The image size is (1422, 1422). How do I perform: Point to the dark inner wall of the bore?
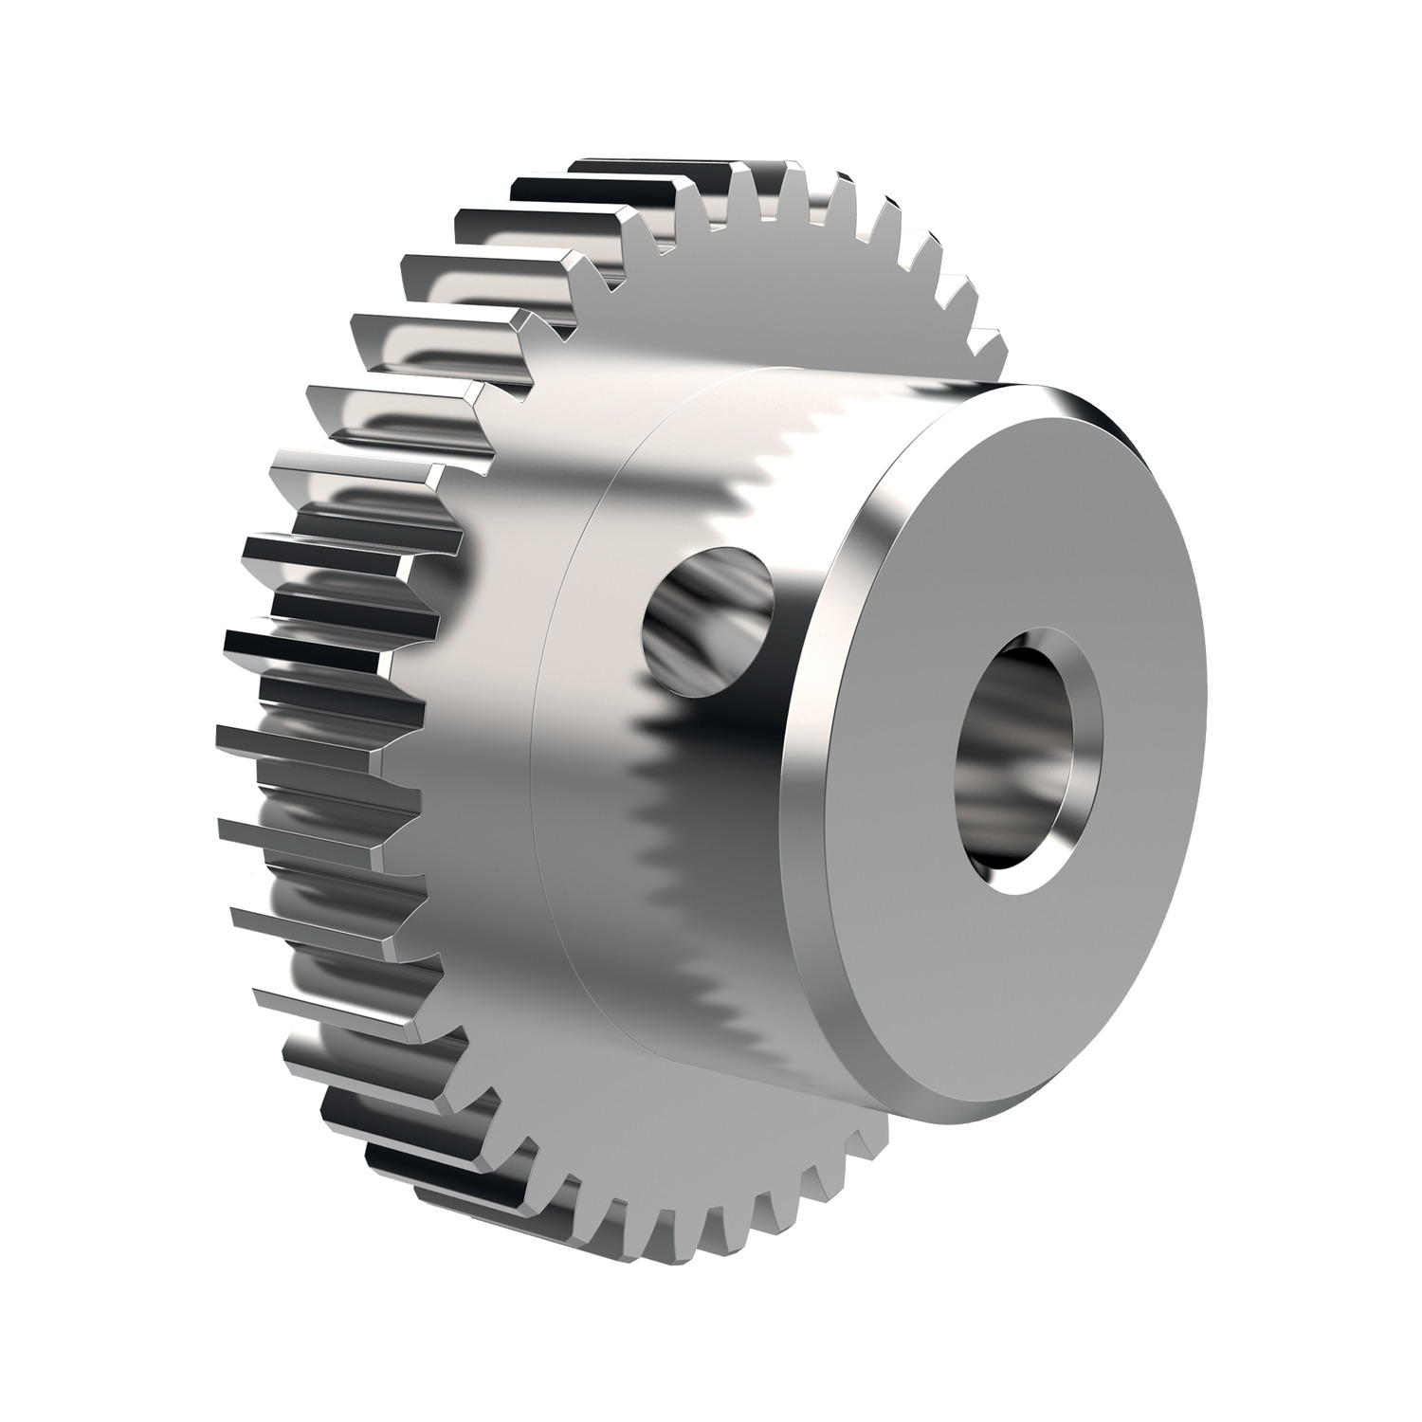[x=1005, y=749]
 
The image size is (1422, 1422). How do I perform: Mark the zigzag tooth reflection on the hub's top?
[x=834, y=427]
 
